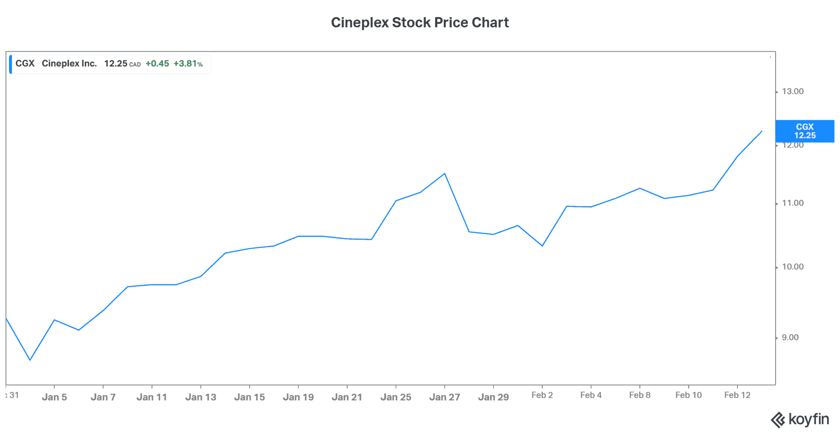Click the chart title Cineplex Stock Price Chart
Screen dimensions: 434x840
pos(420,23)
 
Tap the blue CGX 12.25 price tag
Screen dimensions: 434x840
pos(804,131)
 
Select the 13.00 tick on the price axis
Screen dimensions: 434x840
pos(792,91)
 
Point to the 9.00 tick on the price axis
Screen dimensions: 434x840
pos(790,338)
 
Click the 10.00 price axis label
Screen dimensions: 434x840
pos(792,267)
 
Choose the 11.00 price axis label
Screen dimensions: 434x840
pos(792,203)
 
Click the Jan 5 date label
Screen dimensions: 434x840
pos(54,397)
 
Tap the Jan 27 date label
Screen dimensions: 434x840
pos(445,397)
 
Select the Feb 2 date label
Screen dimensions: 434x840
pos(542,395)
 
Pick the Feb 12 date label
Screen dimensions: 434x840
pos(737,395)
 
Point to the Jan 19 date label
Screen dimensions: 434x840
pos(298,397)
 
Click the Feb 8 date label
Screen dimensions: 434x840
pos(639,395)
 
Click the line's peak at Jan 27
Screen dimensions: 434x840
pos(445,174)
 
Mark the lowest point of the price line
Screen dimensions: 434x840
pos(30,360)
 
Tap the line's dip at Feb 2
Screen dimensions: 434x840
pos(542,246)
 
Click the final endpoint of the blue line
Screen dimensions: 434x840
pos(762,131)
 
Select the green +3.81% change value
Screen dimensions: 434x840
pos(188,64)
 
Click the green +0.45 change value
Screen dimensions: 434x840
pos(157,64)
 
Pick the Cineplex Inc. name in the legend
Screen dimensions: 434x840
pos(69,64)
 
